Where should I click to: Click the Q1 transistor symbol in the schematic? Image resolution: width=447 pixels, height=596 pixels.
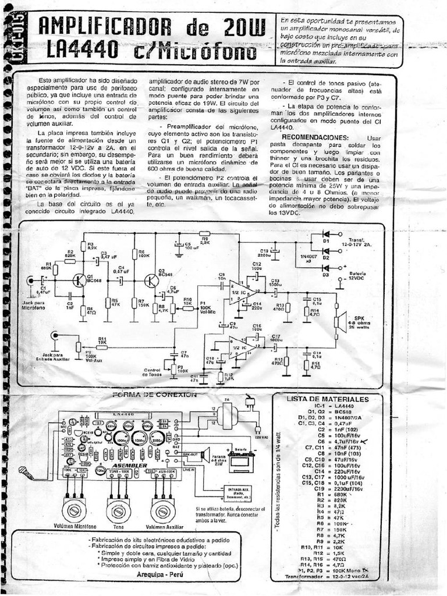pyautogui.click(x=79, y=280)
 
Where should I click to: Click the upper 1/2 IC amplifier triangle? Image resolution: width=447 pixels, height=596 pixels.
pyautogui.click(x=237, y=292)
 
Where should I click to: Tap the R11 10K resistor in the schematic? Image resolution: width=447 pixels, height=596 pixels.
pyautogui.click(x=102, y=343)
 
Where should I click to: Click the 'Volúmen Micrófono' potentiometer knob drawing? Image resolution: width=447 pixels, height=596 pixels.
pyautogui.click(x=74, y=510)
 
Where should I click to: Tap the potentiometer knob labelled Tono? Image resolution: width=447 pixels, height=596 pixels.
pyautogui.click(x=118, y=510)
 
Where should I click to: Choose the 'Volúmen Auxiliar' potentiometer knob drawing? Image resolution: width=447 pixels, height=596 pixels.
pyautogui.click(x=162, y=510)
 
